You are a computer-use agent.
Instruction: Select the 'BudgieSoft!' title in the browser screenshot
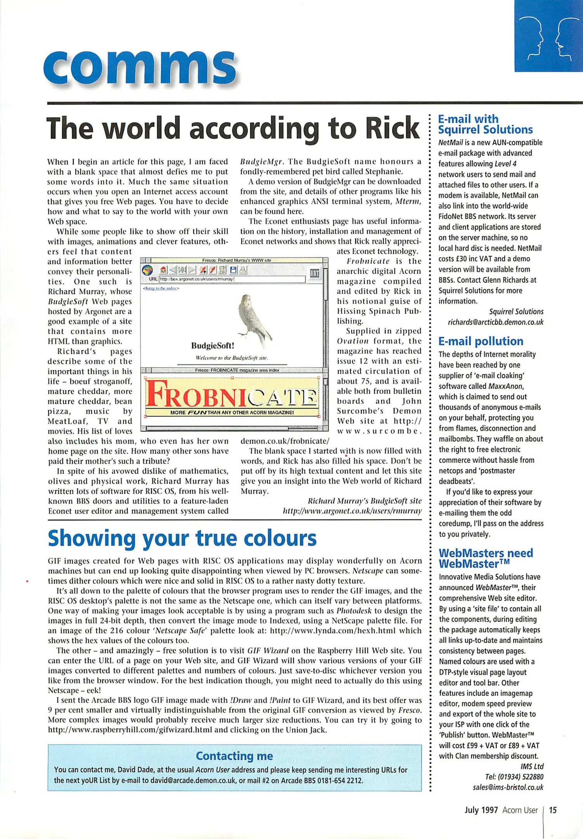tap(212, 345)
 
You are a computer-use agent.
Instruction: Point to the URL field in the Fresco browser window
tap(232, 279)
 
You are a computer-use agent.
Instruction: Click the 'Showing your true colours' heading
tap(182, 539)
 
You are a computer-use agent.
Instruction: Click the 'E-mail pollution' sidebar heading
tap(481, 341)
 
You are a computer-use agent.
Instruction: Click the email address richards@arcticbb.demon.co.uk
tap(496, 322)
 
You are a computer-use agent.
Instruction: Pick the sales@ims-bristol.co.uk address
tap(508, 787)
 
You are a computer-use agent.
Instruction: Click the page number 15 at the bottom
tap(553, 810)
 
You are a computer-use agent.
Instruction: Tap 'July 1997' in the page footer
tap(481, 810)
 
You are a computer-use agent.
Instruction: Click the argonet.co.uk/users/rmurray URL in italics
tap(352, 511)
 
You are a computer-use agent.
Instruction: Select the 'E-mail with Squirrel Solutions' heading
tap(486, 124)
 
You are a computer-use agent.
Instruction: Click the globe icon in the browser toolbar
tap(147, 270)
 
